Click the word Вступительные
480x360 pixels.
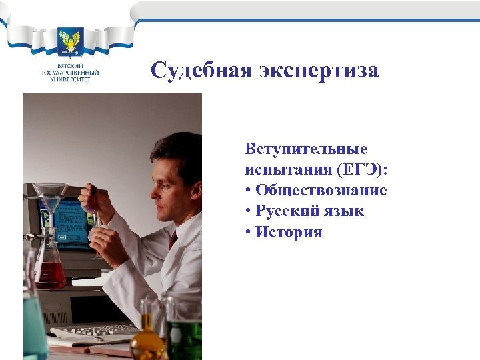pyautogui.click(x=306, y=149)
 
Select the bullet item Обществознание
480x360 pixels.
pyautogui.click(x=321, y=191)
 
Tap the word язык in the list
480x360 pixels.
pyautogui.click(x=345, y=212)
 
